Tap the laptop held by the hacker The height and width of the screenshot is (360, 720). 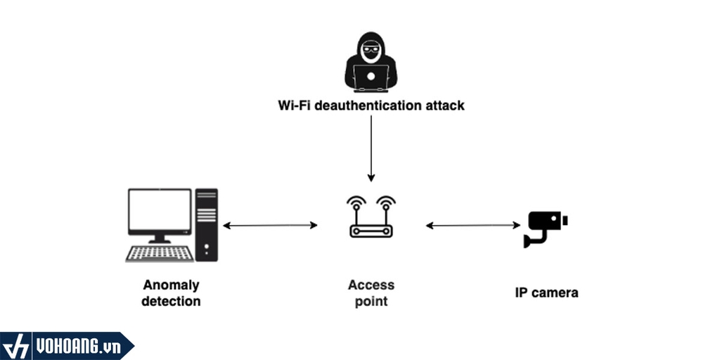[x=371, y=78]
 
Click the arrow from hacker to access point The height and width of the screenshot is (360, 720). [x=371, y=148]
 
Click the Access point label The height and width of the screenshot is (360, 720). [x=371, y=293]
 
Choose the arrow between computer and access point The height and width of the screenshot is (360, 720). [x=271, y=226]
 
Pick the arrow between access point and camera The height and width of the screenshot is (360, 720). [x=472, y=226]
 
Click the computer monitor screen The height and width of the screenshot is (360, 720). [x=160, y=211]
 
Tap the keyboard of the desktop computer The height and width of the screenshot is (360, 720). [x=160, y=253]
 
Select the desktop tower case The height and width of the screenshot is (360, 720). [x=207, y=225]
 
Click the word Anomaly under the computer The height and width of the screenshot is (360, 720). [x=171, y=285]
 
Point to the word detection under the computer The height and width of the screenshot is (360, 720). [x=171, y=302]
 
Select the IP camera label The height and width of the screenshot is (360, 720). [x=546, y=292]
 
